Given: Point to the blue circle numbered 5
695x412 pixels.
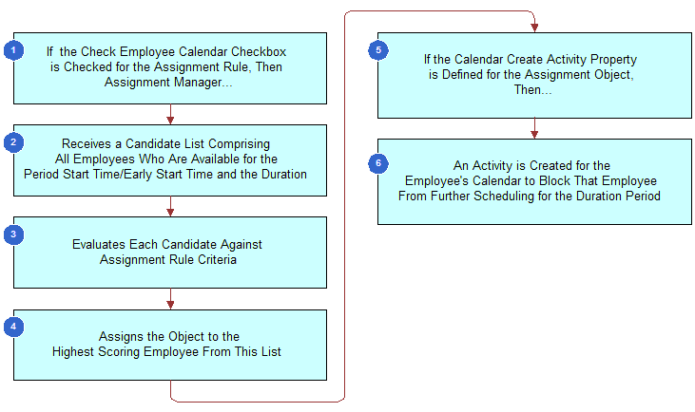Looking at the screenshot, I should click(x=377, y=50).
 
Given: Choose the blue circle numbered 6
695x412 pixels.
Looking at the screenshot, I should click(x=377, y=162).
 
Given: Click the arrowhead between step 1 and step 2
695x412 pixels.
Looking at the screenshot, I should click(x=170, y=120).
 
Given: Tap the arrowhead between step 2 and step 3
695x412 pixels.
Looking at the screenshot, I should click(x=170, y=212).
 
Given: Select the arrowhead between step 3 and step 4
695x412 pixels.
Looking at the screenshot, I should click(x=170, y=304).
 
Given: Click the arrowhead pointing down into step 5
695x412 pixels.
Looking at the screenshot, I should click(x=534, y=28).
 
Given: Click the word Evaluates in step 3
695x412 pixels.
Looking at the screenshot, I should click(x=101, y=244).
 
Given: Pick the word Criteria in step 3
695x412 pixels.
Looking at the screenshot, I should click(x=215, y=259).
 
